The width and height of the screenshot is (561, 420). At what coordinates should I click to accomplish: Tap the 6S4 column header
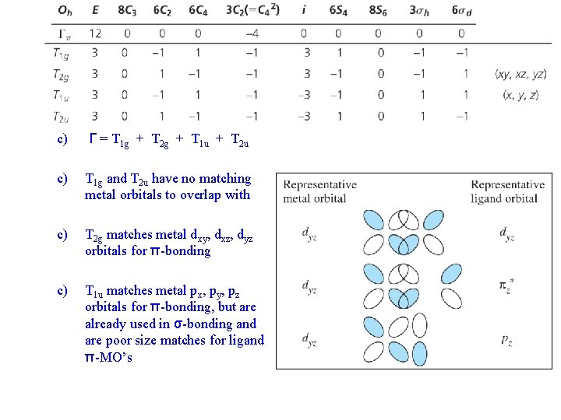click(338, 11)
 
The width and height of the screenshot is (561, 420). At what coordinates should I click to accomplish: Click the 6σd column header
click(461, 11)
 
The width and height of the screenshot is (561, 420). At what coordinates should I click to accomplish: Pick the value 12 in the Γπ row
click(95, 33)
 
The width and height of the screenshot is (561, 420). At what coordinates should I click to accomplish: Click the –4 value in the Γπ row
click(252, 33)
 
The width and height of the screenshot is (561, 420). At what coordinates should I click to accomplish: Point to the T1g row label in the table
click(62, 53)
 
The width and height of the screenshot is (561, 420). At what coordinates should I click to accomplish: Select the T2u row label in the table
click(62, 116)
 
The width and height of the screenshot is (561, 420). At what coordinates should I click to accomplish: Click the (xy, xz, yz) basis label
click(520, 74)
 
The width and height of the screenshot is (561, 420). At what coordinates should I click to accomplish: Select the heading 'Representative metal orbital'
click(319, 191)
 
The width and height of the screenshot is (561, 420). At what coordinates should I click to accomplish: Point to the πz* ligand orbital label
click(507, 287)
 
